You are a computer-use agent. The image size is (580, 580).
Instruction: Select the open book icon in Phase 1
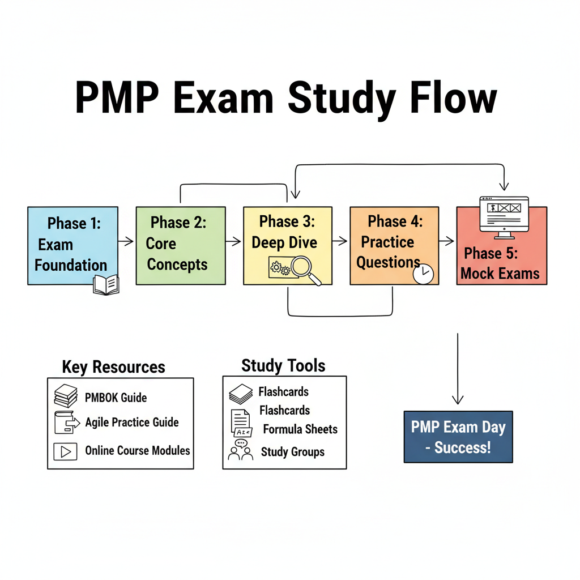106,284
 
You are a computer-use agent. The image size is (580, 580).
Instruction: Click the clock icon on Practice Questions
423,274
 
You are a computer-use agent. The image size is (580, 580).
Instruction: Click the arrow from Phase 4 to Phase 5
447,241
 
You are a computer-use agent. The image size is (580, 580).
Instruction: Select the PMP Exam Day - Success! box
458,437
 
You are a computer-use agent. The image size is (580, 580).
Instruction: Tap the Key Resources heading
113,367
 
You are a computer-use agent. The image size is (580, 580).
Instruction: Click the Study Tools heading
283,365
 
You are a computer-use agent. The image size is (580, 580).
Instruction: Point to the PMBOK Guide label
116,398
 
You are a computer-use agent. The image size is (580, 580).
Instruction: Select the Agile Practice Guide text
132,423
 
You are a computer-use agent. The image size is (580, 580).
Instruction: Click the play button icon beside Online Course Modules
65,451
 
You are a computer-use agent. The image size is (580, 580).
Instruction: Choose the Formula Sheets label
300,429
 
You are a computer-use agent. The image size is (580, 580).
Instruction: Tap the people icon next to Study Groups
240,450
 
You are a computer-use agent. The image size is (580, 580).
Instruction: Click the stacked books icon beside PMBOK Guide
66,395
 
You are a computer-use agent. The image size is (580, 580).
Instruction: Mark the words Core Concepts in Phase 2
176,254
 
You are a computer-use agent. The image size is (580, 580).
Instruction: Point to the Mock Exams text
500,274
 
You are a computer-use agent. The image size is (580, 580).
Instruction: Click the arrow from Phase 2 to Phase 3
233,241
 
